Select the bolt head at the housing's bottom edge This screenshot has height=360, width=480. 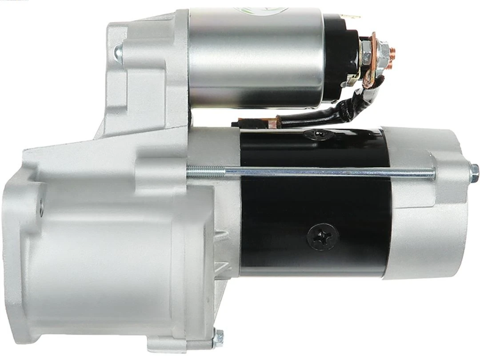(218, 338)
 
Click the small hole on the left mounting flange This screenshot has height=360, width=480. (41, 207)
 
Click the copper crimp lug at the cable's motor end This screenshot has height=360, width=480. (247, 121)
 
